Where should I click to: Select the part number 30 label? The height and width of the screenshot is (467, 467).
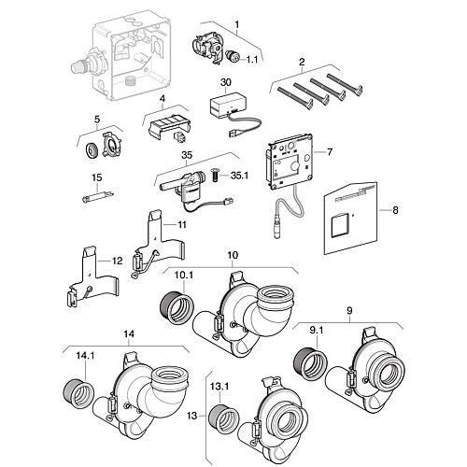(x=226, y=82)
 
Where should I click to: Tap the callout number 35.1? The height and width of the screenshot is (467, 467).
(x=239, y=176)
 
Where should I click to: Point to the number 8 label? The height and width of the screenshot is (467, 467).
(x=395, y=210)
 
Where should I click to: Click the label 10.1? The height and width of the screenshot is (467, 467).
(x=184, y=276)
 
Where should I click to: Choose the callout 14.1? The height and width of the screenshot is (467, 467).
(x=85, y=356)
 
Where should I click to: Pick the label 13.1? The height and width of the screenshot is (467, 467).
(x=220, y=387)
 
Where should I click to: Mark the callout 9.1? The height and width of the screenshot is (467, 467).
(x=317, y=331)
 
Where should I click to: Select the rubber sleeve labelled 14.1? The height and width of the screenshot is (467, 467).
(x=78, y=392)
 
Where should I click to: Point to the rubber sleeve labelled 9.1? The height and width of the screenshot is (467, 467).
(x=311, y=361)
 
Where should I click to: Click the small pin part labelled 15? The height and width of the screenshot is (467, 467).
(x=98, y=197)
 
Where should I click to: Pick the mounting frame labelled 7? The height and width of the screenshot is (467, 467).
(x=289, y=162)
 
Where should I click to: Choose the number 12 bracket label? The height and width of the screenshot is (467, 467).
(x=118, y=261)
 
